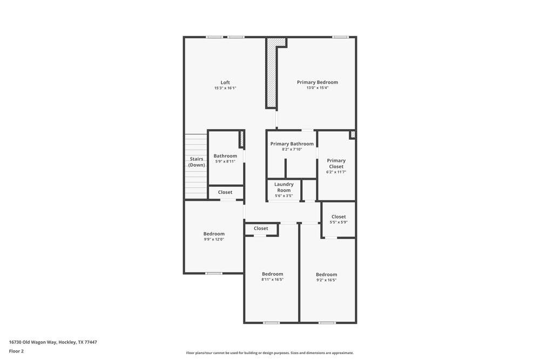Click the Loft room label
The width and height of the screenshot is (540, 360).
[x=225, y=83]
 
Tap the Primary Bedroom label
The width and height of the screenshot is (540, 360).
[x=318, y=82]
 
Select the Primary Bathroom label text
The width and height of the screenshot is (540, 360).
[x=292, y=144]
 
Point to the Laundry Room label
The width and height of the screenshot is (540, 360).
[x=284, y=187]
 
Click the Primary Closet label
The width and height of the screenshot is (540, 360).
[x=336, y=164]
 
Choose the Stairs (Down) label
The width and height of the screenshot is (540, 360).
[x=197, y=162]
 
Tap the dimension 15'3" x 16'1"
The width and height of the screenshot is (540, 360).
[x=225, y=88]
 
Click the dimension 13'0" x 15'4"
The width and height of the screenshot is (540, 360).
[x=318, y=88]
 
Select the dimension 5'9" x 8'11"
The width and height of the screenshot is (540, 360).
[x=225, y=161]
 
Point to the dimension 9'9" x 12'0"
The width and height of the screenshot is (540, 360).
[x=214, y=239]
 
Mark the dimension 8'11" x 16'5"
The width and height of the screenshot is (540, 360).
[x=272, y=280]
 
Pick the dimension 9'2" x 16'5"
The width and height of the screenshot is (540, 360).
[x=326, y=280]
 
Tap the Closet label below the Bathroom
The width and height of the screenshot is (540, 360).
[x=225, y=192]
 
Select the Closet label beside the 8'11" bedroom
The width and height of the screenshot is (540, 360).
[x=261, y=228]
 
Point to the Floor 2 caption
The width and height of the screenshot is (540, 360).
[x=16, y=351]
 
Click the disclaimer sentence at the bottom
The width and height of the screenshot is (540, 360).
[x=270, y=353]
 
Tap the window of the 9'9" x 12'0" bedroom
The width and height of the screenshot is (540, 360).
[x=214, y=273]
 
